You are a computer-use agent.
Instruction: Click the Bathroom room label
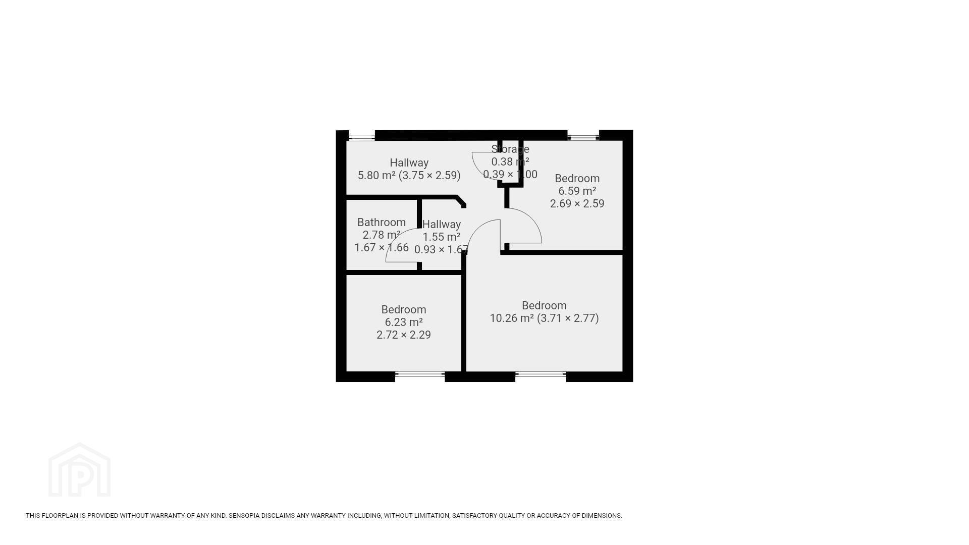382,223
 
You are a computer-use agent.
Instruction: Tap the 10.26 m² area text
512,318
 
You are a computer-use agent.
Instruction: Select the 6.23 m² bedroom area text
404,322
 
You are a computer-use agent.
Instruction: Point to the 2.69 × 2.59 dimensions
577,204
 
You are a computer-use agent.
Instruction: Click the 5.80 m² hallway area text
376,176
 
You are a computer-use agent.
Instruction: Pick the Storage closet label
510,149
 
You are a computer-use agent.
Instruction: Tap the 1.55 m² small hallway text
442,237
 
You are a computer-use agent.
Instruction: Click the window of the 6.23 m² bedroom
420,374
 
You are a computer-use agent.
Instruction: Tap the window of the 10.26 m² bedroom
541,374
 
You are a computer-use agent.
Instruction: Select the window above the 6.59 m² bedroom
583,136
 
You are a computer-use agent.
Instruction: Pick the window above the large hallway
362,136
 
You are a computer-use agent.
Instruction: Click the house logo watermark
79,470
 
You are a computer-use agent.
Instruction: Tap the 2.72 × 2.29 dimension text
404,335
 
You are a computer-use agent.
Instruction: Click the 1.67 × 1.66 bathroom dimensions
382,248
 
